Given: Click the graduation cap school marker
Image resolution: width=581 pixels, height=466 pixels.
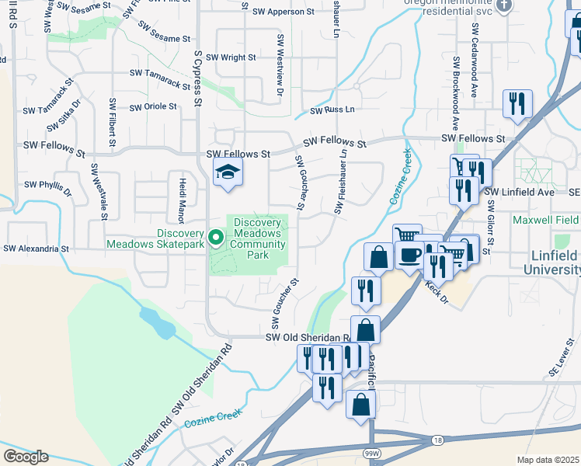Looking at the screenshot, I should [x=228, y=172].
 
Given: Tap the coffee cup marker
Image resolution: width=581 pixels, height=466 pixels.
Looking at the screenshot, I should [x=409, y=255].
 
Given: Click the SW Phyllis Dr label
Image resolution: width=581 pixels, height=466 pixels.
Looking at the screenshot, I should [x=47, y=186].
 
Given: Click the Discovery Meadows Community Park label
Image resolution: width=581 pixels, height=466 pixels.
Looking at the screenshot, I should [x=257, y=234].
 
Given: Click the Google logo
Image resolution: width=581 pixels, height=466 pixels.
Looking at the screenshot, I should [x=26, y=456].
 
